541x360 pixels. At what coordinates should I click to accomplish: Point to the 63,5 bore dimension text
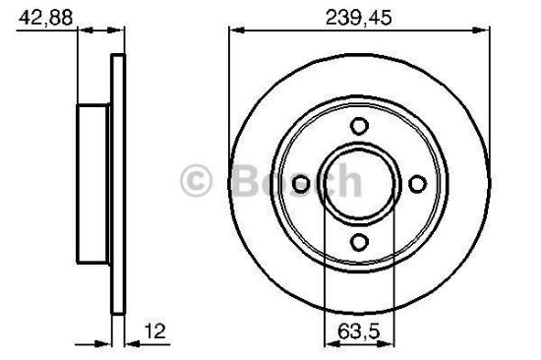pyautogui.click(x=359, y=331)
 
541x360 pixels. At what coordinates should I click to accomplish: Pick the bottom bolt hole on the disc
pyautogui.click(x=359, y=242)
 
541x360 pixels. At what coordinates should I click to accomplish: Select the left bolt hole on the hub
pyautogui.click(x=301, y=183)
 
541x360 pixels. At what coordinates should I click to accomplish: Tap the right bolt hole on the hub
pyautogui.click(x=417, y=183)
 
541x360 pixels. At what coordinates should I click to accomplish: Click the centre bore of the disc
pyautogui.click(x=359, y=183)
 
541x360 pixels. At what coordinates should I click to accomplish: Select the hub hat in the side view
pyautogui.click(x=93, y=183)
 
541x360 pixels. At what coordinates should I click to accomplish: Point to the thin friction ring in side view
pyautogui.click(x=119, y=183)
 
